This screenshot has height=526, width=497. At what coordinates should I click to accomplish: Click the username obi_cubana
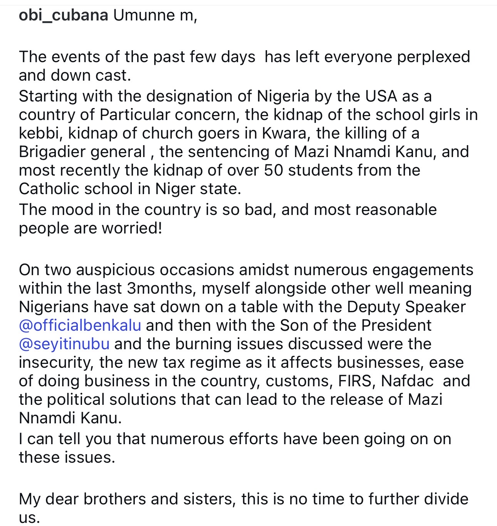[63, 15]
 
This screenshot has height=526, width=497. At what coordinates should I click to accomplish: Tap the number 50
[274, 170]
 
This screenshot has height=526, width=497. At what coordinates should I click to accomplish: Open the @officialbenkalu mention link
[80, 325]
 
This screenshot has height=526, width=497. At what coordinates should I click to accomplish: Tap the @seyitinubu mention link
[64, 344]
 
